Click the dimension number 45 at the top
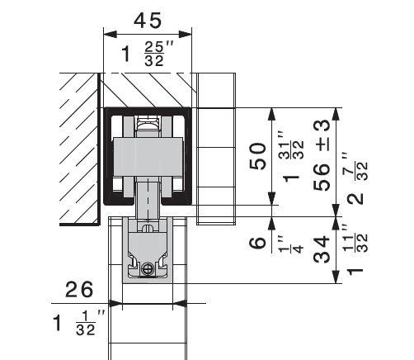pos(148,21)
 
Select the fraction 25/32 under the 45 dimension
pos(154,54)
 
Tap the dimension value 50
pos(257,156)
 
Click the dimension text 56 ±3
pos(322,155)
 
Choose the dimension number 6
pos(257,243)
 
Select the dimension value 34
pos(322,249)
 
